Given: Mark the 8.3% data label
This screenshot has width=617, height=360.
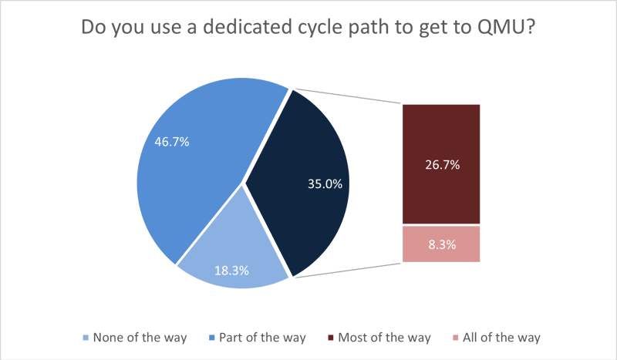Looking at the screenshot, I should (441, 245).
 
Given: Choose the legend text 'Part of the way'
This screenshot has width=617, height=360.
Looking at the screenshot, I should (262, 338).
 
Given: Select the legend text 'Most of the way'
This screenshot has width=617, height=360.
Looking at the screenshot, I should (385, 338).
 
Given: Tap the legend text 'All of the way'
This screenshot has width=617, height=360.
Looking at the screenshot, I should (502, 338).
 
